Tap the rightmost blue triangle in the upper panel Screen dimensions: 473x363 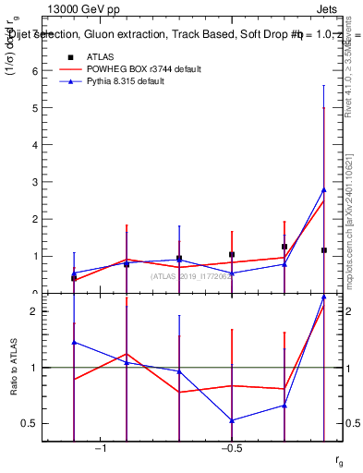[x=323, y=190]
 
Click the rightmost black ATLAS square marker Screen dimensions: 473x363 [x=323, y=250]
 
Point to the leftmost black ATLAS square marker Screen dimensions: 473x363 [x=74, y=277]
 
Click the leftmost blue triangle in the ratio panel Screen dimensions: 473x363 [x=74, y=342]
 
